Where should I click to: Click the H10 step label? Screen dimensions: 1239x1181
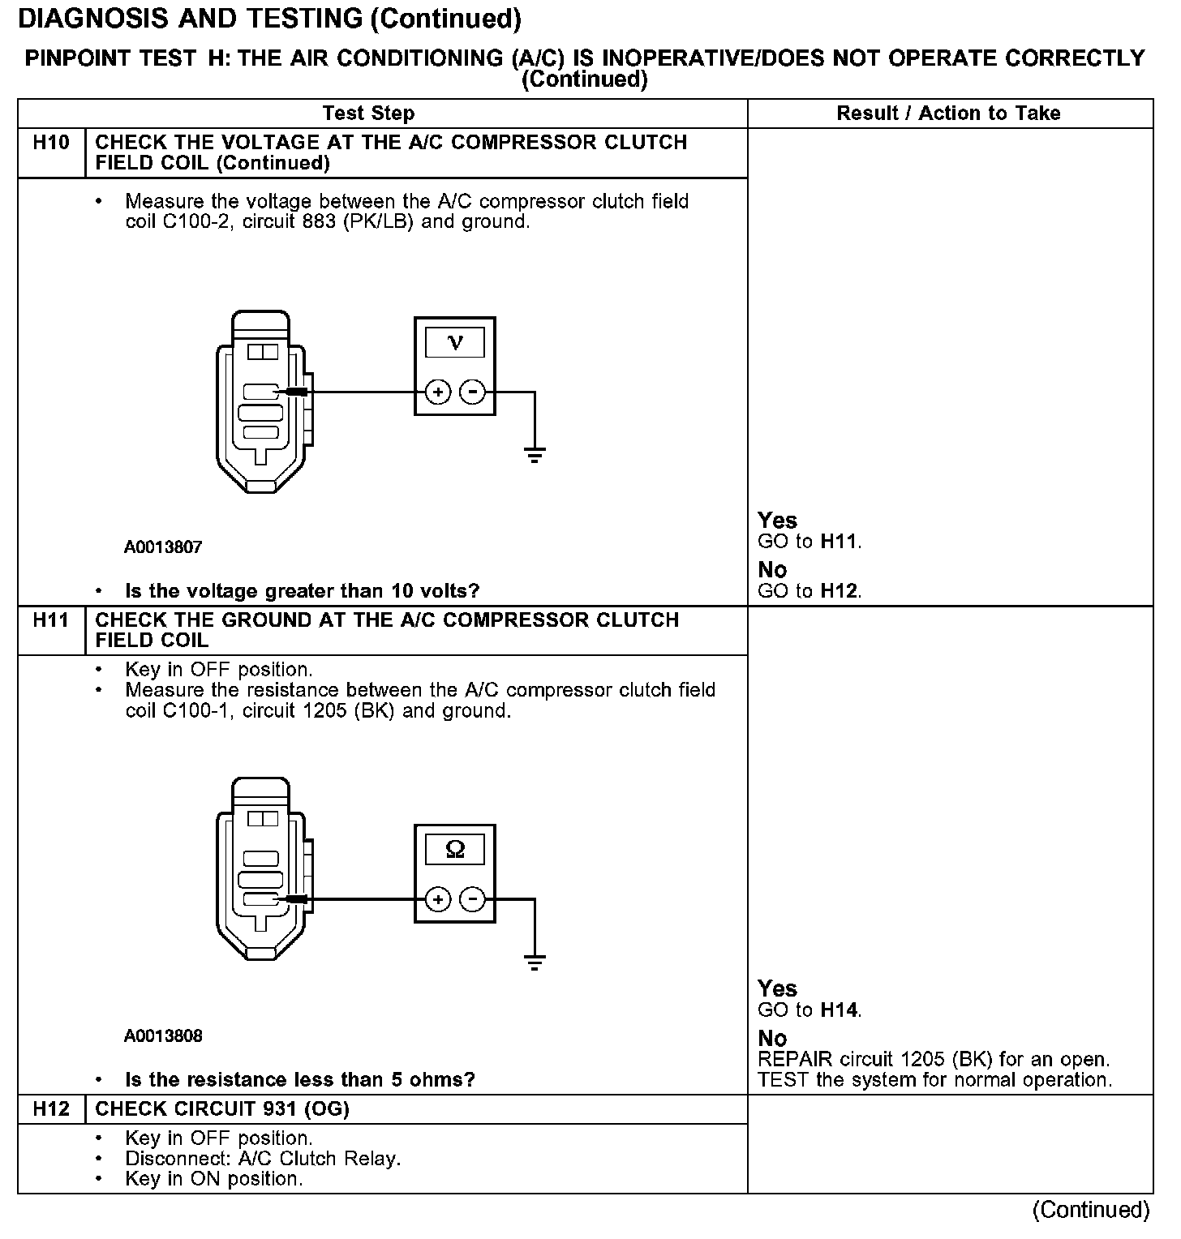tap(51, 143)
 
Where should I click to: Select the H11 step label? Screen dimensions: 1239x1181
tap(51, 620)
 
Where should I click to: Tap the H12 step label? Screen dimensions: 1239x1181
tap(51, 1109)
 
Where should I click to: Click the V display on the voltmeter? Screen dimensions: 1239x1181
tap(454, 342)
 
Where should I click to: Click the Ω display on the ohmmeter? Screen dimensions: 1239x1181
tap(454, 850)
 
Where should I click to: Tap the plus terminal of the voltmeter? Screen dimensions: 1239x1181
tap(438, 393)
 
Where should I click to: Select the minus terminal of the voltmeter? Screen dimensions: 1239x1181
tap(472, 393)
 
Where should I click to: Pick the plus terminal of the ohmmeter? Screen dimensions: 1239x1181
tap(438, 900)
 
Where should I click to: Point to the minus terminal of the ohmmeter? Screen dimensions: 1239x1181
tap(472, 900)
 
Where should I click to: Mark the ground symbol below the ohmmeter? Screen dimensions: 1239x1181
tap(535, 962)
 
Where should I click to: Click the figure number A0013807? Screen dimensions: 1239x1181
tap(163, 547)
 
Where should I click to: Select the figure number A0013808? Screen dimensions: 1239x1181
tap(163, 1036)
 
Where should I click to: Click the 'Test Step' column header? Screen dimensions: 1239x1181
tap(368, 114)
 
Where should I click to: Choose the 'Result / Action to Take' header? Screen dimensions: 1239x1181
tap(948, 114)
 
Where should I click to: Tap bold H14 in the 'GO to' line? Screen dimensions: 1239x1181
tap(840, 1010)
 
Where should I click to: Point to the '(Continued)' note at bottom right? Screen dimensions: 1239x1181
tap(1091, 1210)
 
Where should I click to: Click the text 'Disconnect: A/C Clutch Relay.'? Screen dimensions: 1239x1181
tap(263, 1159)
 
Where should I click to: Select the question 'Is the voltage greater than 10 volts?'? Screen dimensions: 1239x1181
tap(302, 591)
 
